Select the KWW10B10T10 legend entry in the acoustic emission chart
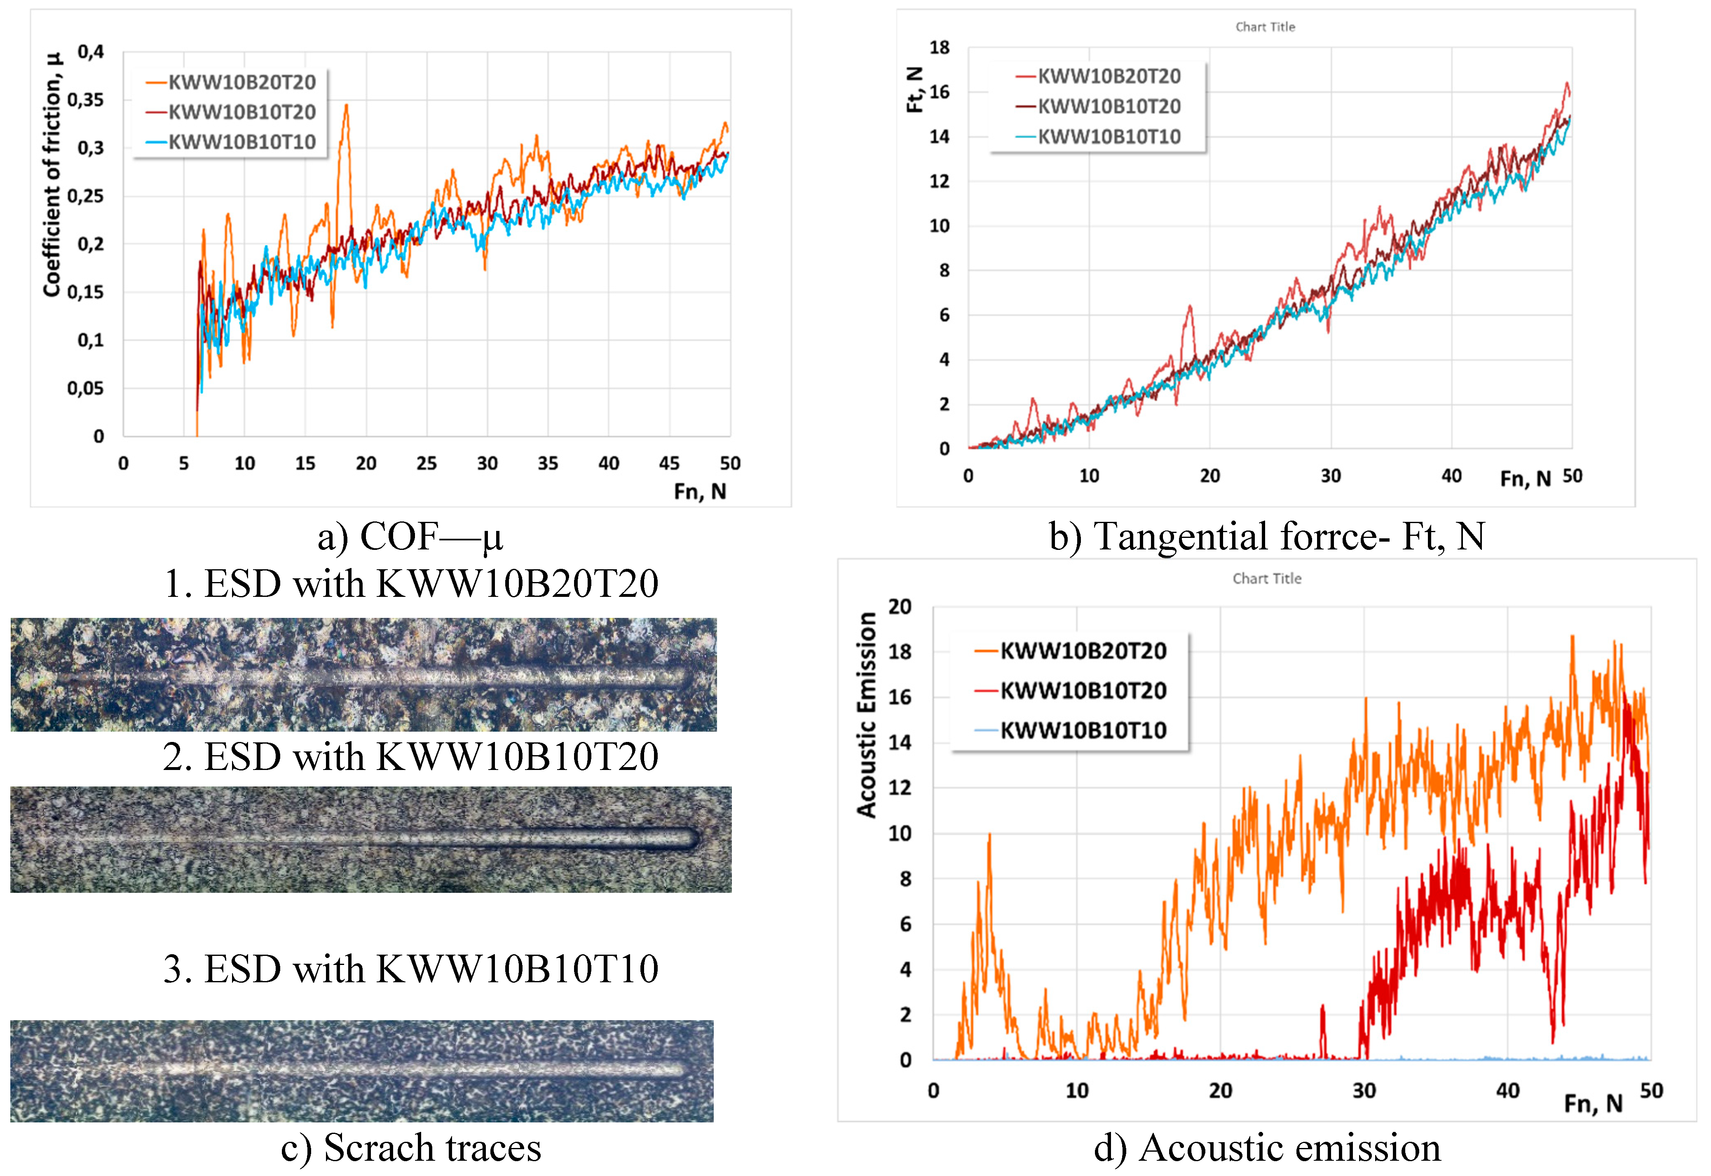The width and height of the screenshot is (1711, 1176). (x=1083, y=730)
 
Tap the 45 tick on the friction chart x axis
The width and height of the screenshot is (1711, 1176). (x=669, y=463)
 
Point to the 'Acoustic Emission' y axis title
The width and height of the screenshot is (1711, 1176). (x=867, y=715)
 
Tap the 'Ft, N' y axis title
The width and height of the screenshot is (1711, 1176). (x=914, y=89)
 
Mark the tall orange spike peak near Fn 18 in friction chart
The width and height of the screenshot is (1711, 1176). (x=345, y=106)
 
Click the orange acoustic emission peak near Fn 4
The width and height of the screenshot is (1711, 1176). (x=989, y=835)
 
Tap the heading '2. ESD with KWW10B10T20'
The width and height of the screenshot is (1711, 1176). (x=410, y=757)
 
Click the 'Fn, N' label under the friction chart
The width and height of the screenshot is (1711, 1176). (x=700, y=491)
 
